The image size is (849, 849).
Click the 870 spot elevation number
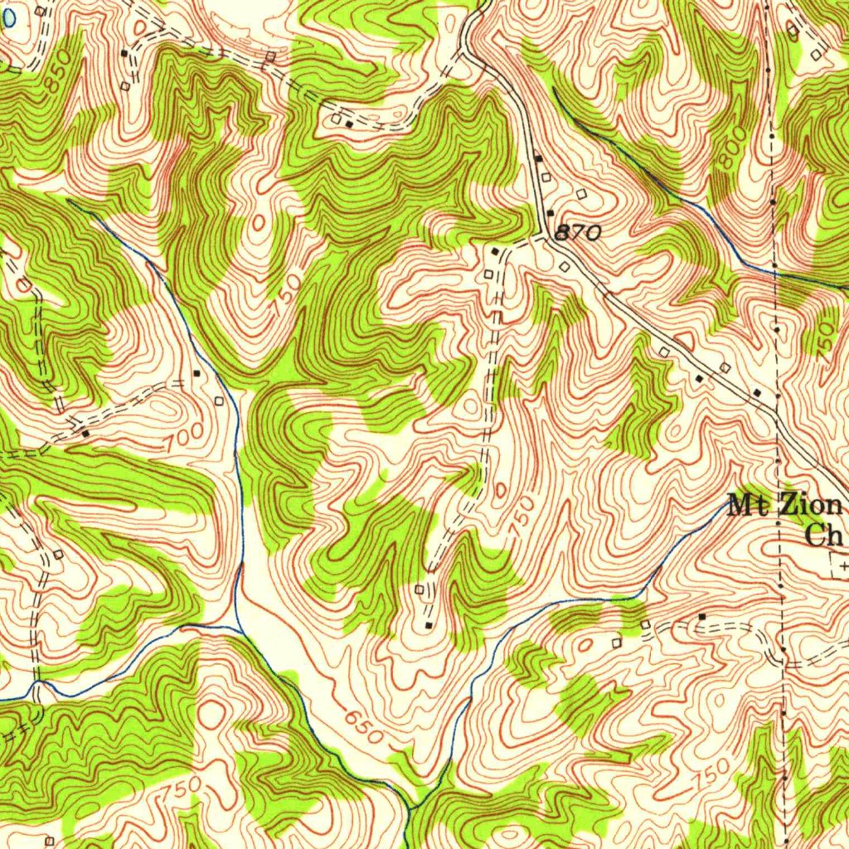click(576, 235)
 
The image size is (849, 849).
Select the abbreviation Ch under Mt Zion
click(824, 536)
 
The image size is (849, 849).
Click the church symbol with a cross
click(842, 565)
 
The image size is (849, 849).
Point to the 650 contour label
click(362, 727)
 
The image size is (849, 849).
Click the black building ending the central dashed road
click(429, 623)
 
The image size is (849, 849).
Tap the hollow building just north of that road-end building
click(419, 589)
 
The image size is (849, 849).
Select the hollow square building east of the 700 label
click(219, 401)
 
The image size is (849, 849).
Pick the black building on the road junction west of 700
click(85, 433)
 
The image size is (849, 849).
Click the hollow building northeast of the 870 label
click(580, 194)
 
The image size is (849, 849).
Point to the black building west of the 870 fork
click(495, 250)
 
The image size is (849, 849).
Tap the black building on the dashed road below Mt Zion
click(702, 617)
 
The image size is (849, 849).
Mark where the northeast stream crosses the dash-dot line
click(773, 269)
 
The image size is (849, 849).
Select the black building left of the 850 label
click(124, 52)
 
